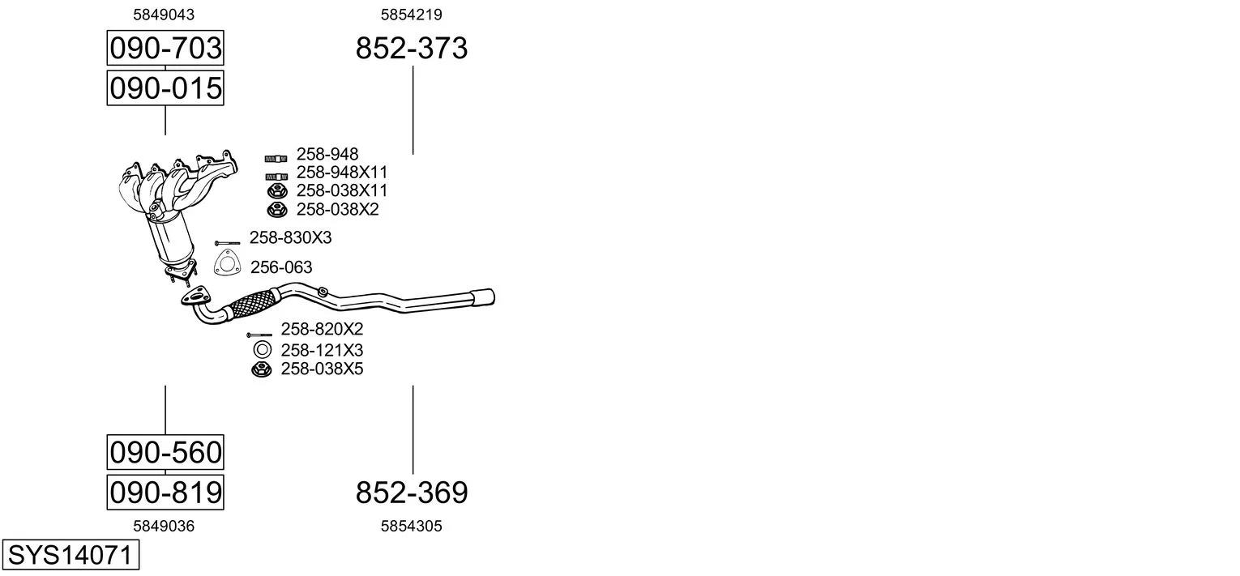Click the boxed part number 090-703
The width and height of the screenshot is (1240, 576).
pos(165,48)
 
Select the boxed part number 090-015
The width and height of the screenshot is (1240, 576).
pos(165,88)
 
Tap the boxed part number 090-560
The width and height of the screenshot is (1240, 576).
pos(165,452)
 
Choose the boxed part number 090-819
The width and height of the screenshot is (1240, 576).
pos(165,492)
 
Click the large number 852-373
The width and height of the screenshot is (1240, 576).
pos(412,48)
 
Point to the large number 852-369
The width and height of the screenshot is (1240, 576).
pos(412,493)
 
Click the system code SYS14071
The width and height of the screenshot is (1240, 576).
pos(71,555)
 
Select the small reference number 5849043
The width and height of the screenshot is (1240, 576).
pos(164,15)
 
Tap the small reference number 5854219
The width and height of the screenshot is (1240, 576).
pos(411,15)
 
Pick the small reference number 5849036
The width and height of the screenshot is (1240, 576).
pos(164,527)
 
